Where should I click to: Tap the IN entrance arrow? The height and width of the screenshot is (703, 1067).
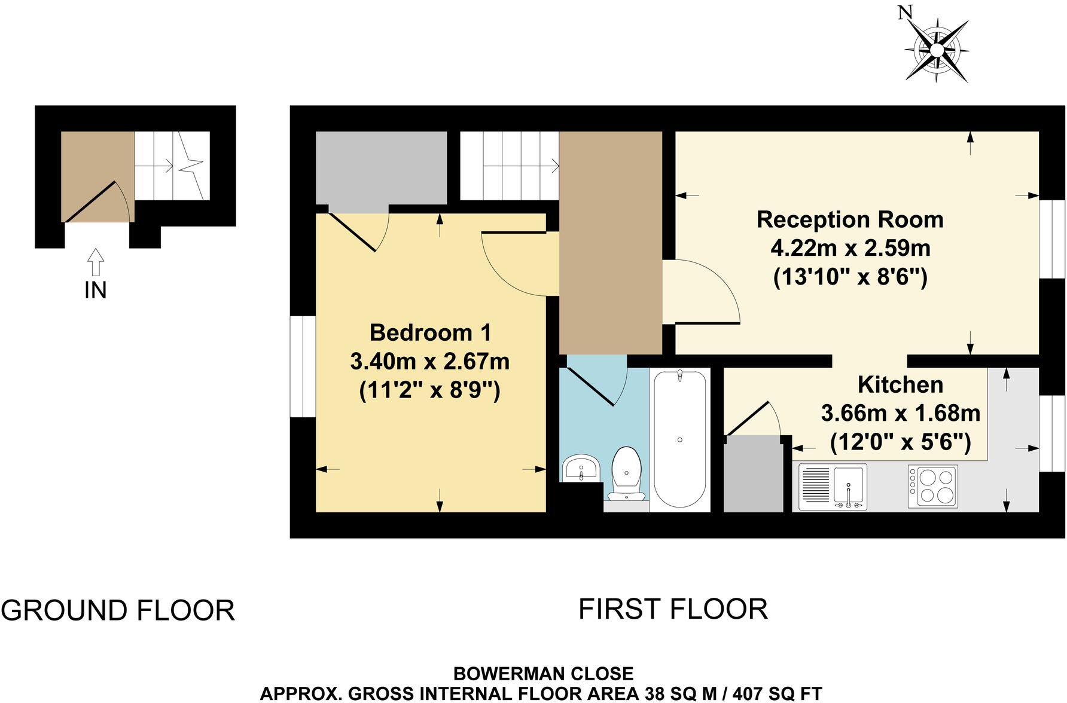pos(95,263)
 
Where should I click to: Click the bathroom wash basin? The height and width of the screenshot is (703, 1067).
pos(581,467)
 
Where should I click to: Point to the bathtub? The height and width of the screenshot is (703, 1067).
pos(680,440)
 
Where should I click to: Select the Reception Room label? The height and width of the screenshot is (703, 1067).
pos(849,219)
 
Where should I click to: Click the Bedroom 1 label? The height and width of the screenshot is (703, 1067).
pos(430,332)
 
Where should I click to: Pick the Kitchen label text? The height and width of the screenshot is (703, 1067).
pos(900,384)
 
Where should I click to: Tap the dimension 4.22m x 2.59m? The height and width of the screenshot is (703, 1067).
pos(850,247)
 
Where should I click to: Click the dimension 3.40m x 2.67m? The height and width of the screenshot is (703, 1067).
pos(429,361)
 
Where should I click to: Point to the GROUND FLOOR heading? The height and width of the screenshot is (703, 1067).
pos(118,610)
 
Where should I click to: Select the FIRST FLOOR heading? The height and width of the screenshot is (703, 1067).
pos(673,609)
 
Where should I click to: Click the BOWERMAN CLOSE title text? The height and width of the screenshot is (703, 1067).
pos(543,674)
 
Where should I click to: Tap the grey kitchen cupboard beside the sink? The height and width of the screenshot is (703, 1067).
pos(753,475)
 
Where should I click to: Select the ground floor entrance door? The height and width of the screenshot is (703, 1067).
pos(91,201)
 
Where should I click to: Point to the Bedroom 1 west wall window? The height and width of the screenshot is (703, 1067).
pos(303,366)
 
